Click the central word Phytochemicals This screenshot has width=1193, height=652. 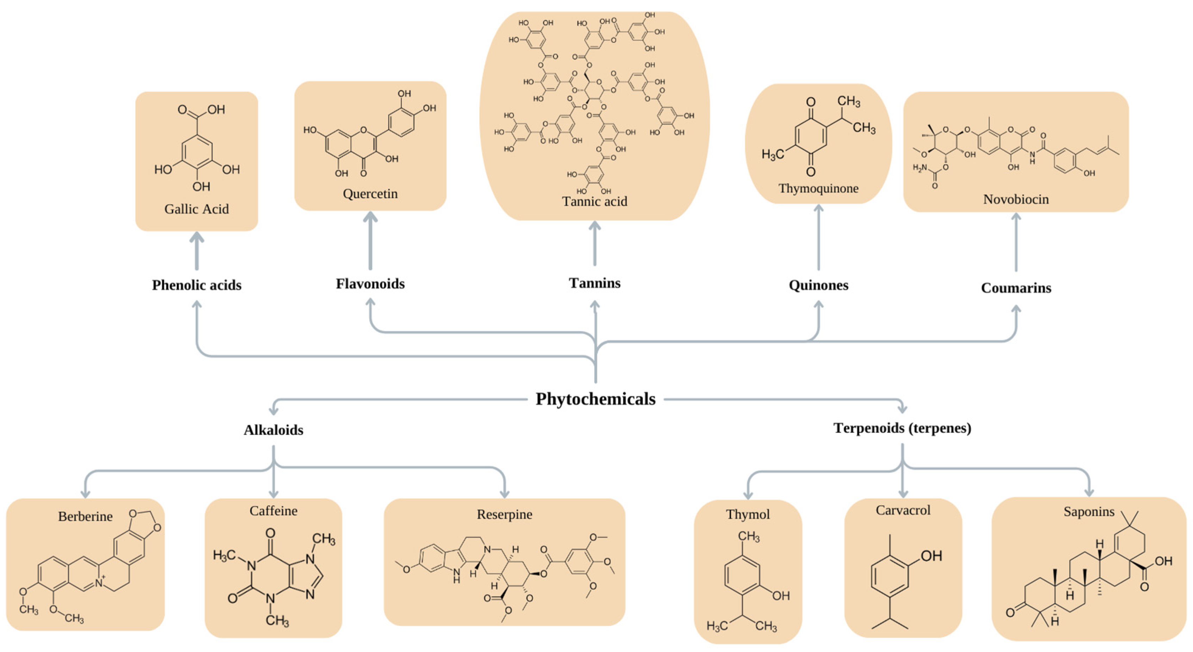596,399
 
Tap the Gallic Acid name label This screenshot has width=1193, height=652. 196,209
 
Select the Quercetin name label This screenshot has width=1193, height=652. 370,193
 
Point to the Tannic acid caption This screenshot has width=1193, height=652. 595,202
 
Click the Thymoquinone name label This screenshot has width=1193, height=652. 818,188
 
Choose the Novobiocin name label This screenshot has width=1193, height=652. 1016,199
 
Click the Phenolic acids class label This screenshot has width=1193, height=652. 197,285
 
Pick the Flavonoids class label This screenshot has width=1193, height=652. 370,283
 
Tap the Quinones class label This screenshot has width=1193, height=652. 818,285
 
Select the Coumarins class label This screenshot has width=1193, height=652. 1016,288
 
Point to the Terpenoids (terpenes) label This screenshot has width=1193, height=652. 902,428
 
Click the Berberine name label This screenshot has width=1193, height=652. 85,516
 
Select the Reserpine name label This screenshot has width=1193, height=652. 504,514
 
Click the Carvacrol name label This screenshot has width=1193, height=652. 903,510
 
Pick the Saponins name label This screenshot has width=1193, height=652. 1088,511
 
